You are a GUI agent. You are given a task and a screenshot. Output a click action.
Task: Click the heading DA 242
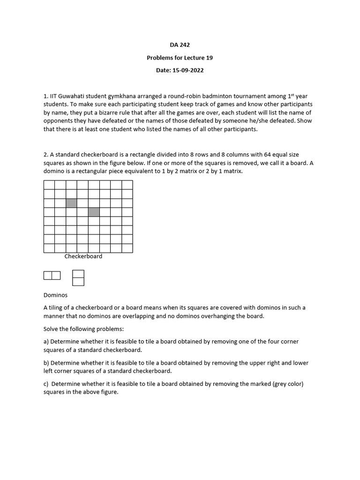tap(180, 45)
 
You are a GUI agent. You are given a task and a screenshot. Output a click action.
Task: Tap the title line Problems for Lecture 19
tap(180, 58)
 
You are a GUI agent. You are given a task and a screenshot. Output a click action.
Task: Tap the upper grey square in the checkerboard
tap(71, 203)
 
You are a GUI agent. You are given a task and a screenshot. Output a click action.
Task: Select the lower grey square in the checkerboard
tap(94, 212)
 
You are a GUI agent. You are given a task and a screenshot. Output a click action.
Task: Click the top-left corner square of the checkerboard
tap(49, 185)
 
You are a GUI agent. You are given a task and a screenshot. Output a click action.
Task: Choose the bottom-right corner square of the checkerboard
tap(127, 248)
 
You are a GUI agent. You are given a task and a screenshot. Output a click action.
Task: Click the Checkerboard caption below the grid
tap(83, 256)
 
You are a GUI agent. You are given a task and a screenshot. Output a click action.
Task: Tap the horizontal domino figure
tap(52, 276)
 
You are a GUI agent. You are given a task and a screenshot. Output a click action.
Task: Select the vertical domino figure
tap(78, 277)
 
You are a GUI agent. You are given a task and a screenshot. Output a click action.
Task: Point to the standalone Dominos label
tap(55, 295)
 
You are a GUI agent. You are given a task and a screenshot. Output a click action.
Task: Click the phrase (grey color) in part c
tap(287, 384)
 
